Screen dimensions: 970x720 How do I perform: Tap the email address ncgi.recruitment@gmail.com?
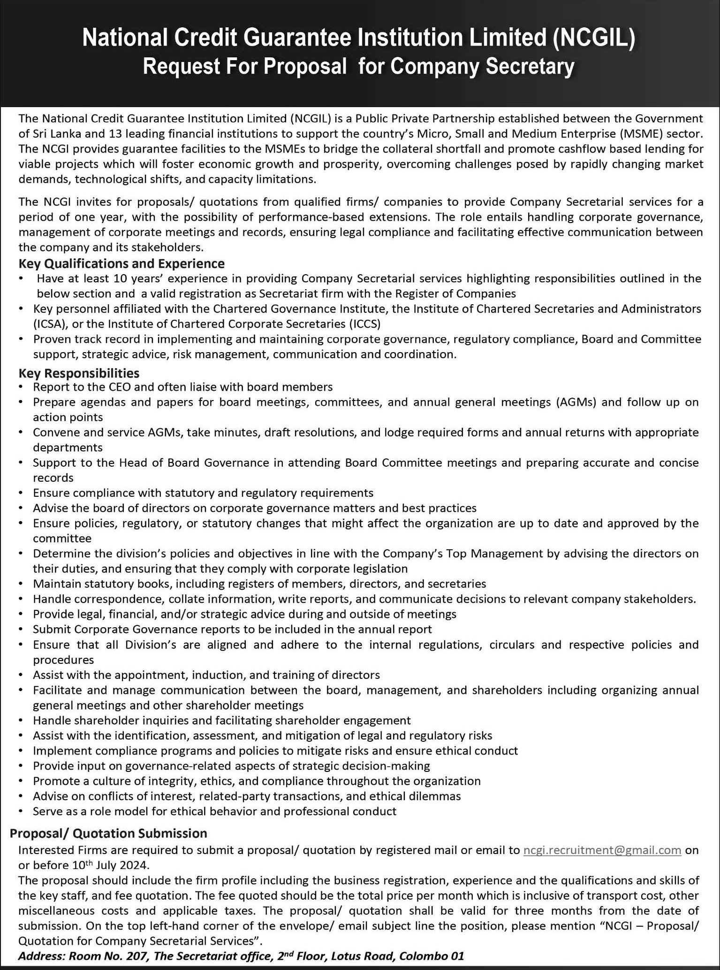point(602,850)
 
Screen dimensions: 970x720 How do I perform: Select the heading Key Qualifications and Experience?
point(121,263)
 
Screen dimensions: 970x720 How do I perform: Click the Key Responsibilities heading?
point(79,373)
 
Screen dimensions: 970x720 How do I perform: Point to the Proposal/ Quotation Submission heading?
point(108,833)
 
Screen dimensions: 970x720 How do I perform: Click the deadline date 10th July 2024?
point(111,865)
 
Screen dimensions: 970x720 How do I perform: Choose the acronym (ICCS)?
point(364,324)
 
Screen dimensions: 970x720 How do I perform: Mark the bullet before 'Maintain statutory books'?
point(21,584)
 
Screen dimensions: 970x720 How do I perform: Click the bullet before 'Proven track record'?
point(21,339)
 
